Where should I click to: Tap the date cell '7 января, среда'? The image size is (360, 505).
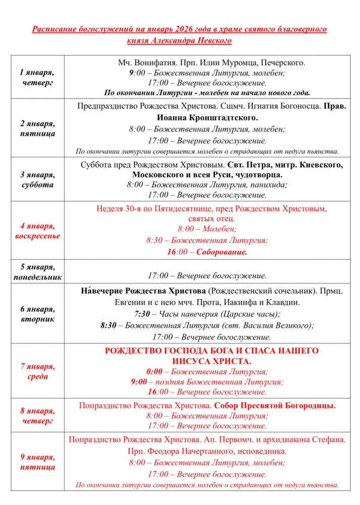[38, 371]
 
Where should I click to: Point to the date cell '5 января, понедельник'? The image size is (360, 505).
[37, 272]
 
